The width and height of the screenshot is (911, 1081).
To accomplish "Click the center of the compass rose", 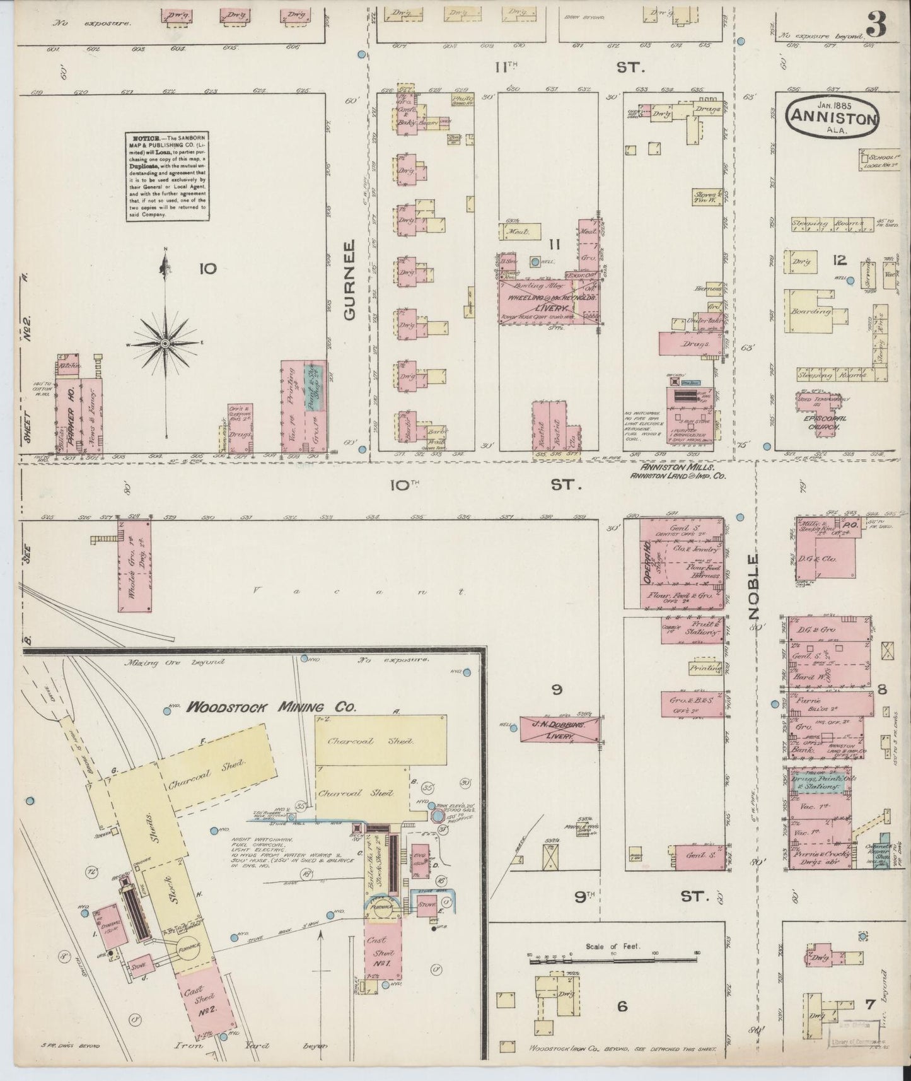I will [x=165, y=343].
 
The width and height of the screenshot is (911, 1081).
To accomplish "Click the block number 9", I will [x=557, y=690].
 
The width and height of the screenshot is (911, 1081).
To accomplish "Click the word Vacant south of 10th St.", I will [x=359, y=592].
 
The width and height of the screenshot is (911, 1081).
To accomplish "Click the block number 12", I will [x=838, y=260].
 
